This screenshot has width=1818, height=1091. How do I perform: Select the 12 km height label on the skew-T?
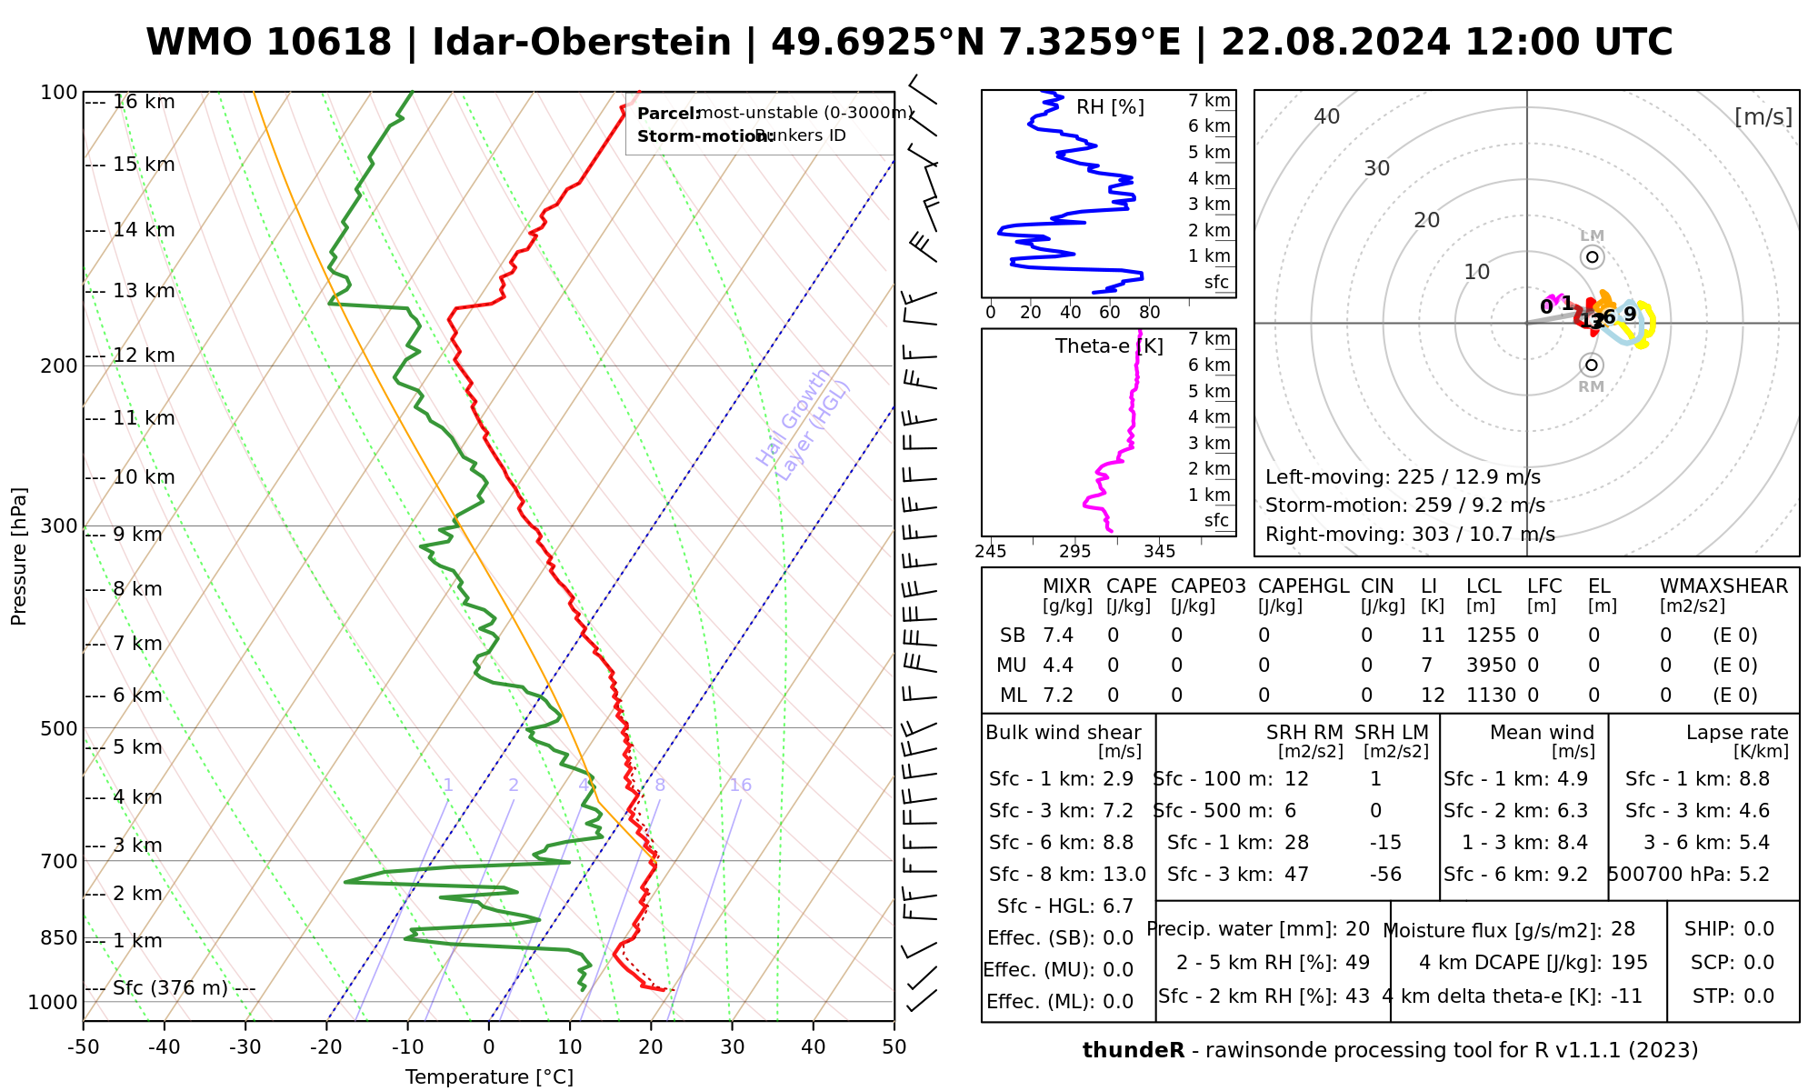click(144, 355)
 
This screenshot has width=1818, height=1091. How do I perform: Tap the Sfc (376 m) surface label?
click(170, 988)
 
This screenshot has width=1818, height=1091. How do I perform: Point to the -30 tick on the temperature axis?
click(245, 1047)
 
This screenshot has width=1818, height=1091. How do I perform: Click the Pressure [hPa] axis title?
click(19, 556)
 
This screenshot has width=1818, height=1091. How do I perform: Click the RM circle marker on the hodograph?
click(1591, 365)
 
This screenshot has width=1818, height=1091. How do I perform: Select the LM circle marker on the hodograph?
click(1592, 257)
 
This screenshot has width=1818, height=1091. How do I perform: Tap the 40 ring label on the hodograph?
click(1327, 116)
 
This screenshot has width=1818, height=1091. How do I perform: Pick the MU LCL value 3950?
click(1491, 666)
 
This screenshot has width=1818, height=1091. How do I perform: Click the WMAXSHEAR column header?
click(1723, 586)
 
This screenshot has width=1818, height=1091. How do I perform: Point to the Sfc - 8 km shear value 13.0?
click(1124, 875)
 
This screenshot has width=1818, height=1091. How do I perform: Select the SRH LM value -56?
click(1385, 875)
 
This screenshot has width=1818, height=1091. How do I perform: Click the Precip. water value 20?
click(1357, 929)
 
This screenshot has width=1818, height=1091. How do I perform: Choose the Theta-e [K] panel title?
click(1109, 346)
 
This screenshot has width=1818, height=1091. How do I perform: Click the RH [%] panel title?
click(1110, 107)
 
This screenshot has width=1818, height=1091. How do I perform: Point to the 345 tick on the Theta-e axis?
click(1159, 552)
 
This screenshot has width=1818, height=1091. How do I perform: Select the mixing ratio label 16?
click(740, 786)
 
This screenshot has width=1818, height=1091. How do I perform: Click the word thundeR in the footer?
click(1133, 1051)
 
